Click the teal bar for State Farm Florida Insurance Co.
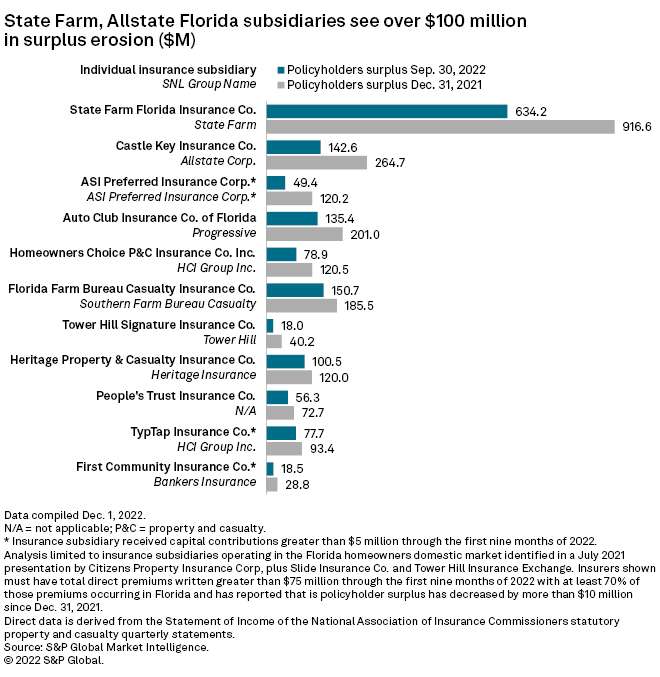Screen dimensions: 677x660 [387, 111]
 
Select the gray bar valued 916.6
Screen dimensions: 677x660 [440, 127]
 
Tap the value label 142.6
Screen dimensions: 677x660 [344, 147]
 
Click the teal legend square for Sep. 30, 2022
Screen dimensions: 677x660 [281, 70]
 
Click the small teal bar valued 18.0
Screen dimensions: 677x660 [270, 325]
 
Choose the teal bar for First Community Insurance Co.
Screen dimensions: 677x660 [270, 468]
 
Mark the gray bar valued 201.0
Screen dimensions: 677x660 [304, 234]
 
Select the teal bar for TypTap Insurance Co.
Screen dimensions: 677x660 [281, 433]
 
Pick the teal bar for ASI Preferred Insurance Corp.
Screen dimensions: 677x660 [276, 182]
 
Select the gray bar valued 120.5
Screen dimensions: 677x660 [289, 270]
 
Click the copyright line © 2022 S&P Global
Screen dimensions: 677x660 [60, 660]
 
